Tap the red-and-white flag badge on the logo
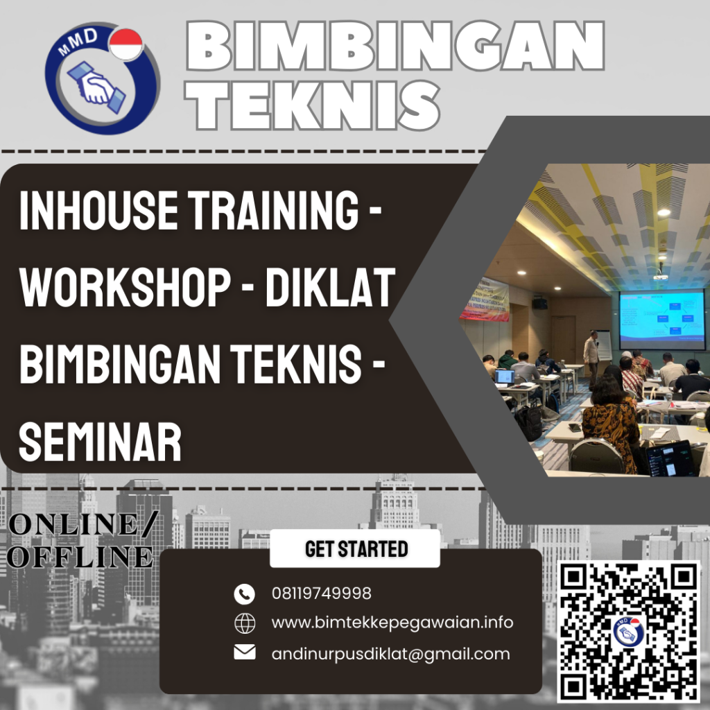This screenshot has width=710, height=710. (125, 44)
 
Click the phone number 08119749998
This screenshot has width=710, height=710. (321, 594)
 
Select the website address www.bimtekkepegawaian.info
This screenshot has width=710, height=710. (392, 623)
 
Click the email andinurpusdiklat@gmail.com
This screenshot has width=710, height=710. (390, 653)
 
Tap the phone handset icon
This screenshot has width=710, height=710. (244, 594)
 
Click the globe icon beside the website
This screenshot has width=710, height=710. (245, 623)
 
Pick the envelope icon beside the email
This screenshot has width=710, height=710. (245, 652)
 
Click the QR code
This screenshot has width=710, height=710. (628, 631)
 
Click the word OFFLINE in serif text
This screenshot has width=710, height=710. (82, 556)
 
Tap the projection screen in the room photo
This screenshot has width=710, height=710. (661, 320)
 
